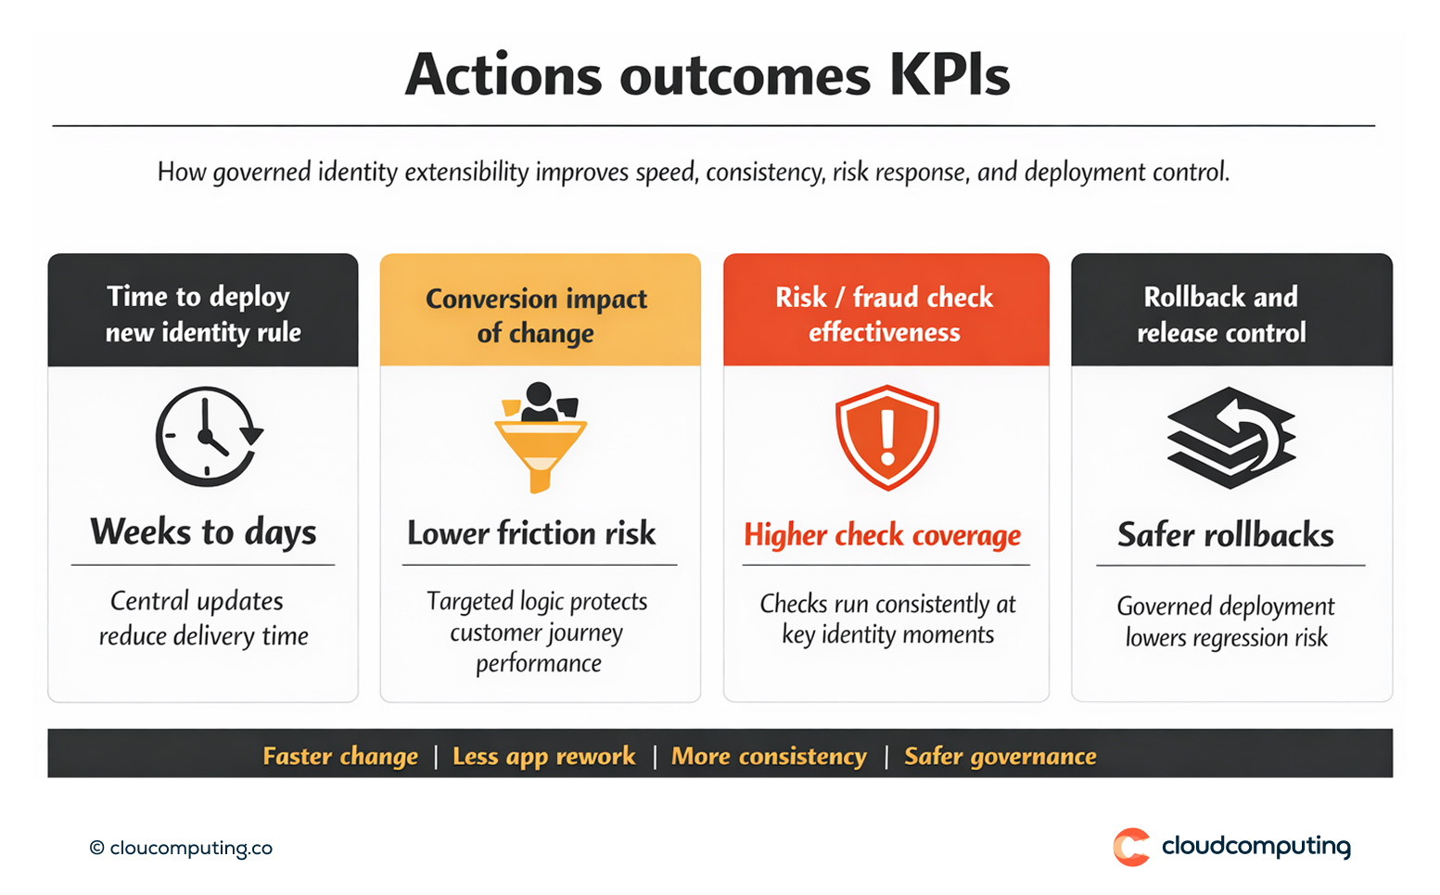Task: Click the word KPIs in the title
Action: click(x=949, y=75)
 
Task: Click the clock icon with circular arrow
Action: click(x=209, y=437)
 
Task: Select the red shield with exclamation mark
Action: click(x=886, y=437)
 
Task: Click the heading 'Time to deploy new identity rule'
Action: click(x=203, y=313)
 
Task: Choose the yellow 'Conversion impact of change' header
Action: click(x=536, y=315)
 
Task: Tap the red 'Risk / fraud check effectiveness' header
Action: click(x=885, y=313)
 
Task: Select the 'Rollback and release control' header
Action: click(x=1221, y=314)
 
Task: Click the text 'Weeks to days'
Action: click(x=203, y=532)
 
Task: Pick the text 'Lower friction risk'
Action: click(x=531, y=533)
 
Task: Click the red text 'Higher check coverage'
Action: click(x=882, y=535)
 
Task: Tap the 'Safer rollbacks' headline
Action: click(x=1225, y=535)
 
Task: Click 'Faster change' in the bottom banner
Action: click(x=340, y=757)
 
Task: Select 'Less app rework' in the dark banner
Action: click(x=544, y=757)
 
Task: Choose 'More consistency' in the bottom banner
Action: click(x=769, y=757)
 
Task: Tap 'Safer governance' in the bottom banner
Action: click(x=1000, y=757)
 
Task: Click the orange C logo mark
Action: click(x=1130, y=847)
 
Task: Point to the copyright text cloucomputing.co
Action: click(x=182, y=848)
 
